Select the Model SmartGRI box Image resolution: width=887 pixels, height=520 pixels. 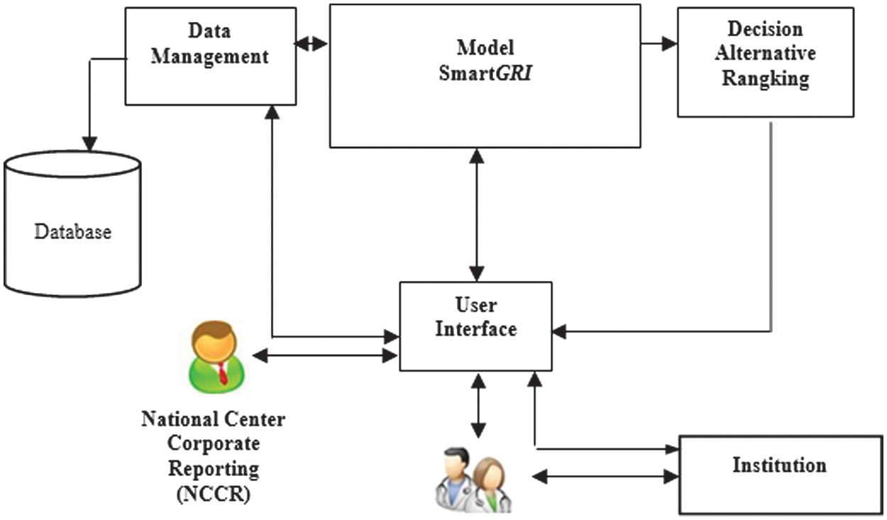tap(485, 77)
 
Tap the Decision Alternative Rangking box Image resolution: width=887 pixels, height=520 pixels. tap(765, 62)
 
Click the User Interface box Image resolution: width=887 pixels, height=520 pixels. tap(475, 326)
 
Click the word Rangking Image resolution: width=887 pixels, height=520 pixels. tap(765, 79)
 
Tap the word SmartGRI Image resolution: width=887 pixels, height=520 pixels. tap(485, 72)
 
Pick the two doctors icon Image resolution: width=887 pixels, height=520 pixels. tap(472, 479)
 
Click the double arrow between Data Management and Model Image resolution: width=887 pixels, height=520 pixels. tap(311, 44)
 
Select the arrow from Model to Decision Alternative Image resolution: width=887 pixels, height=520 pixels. tap(659, 44)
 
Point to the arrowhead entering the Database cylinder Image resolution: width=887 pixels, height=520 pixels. tap(89, 143)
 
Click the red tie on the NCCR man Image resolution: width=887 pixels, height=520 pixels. tap(222, 372)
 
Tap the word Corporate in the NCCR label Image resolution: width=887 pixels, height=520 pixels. tap(213, 444)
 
